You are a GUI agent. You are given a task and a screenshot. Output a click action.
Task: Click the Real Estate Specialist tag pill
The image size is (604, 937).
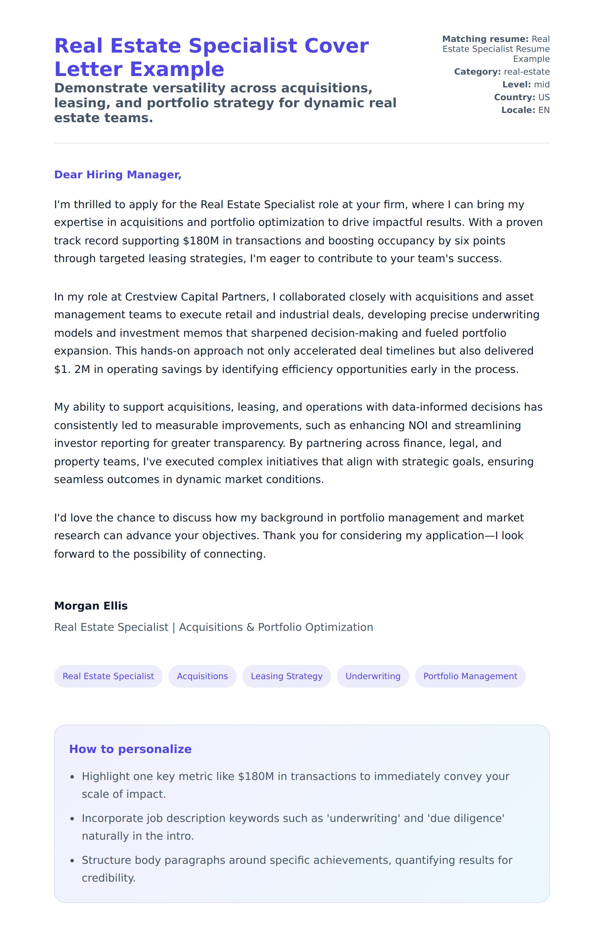coord(108,676)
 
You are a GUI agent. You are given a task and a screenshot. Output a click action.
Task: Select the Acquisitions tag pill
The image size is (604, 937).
coord(203,676)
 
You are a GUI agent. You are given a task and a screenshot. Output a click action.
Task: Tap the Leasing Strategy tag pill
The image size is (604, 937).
coord(286,676)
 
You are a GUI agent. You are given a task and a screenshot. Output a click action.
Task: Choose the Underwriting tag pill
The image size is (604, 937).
coord(373,676)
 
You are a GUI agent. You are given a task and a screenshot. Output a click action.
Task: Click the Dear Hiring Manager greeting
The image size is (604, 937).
coord(118,174)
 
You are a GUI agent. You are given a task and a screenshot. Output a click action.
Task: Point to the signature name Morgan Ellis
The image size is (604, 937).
coord(91,606)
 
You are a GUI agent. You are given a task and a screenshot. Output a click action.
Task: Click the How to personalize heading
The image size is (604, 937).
coord(130,749)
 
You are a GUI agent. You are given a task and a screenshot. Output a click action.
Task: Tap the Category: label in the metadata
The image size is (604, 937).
coord(477,72)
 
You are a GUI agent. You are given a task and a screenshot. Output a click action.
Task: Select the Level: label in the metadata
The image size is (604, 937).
coord(517,85)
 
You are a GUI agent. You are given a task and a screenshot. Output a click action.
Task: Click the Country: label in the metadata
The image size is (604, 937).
coord(514,97)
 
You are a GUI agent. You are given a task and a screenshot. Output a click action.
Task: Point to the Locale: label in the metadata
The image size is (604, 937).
coord(518,110)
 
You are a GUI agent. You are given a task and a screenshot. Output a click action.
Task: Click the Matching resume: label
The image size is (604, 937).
coord(485,39)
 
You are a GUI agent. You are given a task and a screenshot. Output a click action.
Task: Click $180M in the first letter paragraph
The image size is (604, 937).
coord(201,241)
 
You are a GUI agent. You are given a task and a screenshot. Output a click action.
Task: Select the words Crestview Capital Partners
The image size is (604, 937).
coord(196,297)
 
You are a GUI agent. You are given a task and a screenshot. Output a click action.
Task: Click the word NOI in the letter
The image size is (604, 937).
coord(418,426)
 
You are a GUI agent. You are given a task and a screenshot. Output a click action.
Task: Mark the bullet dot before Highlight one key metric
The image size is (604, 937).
coord(72,777)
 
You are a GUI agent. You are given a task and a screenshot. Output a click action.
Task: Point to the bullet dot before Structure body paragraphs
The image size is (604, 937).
coord(72,861)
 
